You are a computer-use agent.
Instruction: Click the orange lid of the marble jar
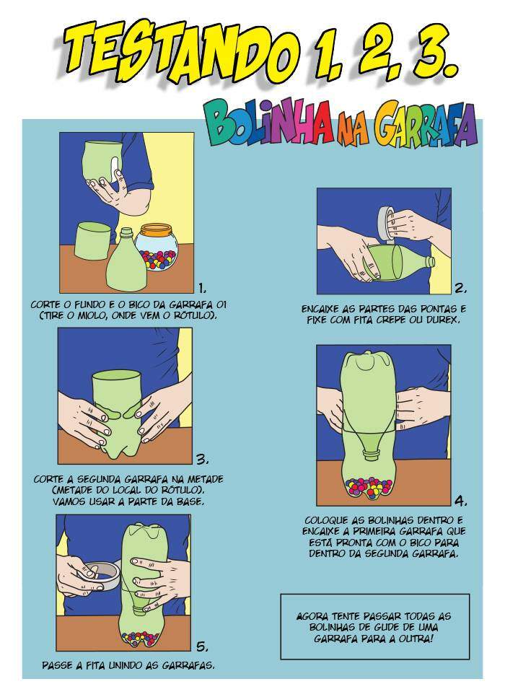coord(156,230)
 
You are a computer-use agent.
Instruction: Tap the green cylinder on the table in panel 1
coord(93,241)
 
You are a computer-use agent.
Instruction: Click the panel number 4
coord(460,501)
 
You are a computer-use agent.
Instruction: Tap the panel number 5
coord(202,646)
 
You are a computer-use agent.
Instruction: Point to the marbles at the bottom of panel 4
coord(369,488)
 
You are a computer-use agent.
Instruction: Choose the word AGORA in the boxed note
coord(312,616)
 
